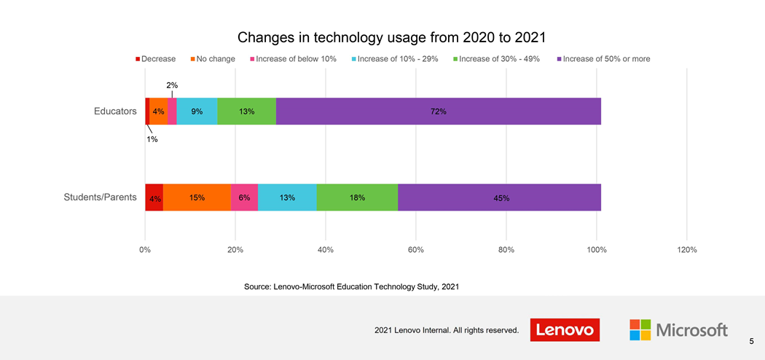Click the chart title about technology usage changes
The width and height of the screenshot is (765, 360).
point(391,37)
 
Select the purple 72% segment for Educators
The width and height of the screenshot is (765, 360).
point(438,111)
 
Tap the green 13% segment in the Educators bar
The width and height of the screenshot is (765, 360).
point(246,111)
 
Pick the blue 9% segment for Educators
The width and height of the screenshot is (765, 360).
point(197,111)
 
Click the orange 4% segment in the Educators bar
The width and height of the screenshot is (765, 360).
point(158,111)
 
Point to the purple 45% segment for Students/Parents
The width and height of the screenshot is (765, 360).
point(500,197)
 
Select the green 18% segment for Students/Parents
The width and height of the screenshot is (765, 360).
point(357,197)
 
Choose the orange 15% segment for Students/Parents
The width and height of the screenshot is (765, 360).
point(197,197)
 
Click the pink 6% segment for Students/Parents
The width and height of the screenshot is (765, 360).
point(244,197)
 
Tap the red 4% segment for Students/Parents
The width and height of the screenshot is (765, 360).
point(154,197)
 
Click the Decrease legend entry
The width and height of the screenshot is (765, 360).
point(155,59)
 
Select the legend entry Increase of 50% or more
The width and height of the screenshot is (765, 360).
point(603,59)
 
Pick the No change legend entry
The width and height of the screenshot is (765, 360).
point(212,59)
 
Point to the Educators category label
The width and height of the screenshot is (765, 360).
point(115,111)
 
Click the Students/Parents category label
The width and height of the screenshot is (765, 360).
point(100,197)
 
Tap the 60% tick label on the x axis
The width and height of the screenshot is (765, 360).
point(415,250)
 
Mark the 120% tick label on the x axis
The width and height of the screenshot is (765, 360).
point(686,250)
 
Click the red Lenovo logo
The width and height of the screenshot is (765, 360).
point(565,330)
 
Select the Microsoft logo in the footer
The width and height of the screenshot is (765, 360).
point(678,330)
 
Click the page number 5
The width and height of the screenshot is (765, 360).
point(751,341)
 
